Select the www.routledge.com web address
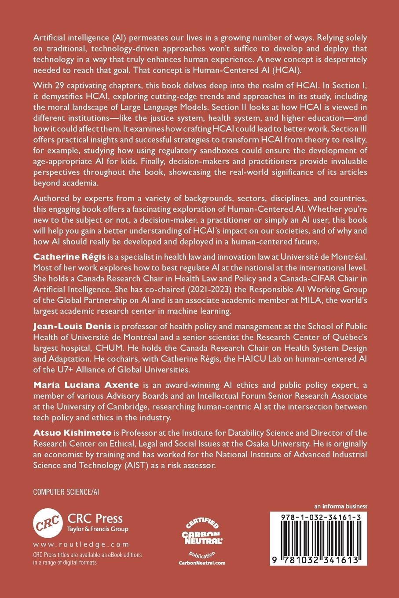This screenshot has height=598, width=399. pos(81,544)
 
